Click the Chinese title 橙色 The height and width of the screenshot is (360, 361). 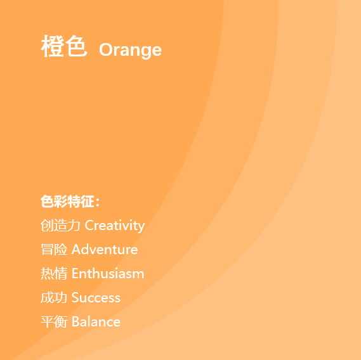point(64,46)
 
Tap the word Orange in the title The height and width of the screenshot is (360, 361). point(130,50)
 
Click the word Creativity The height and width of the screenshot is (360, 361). point(115,226)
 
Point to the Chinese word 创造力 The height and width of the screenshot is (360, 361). point(60,225)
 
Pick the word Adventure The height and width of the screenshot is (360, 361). point(105,249)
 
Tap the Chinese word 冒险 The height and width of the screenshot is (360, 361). point(54,249)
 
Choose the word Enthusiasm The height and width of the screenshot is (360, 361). point(108,274)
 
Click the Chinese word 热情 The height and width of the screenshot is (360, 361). point(54,274)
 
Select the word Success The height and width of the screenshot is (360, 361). point(96,298)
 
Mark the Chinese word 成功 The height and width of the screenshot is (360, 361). point(54,298)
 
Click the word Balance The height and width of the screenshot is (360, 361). point(96,321)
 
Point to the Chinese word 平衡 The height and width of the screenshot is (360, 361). point(54,322)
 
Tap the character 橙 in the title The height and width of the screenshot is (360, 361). point(52,46)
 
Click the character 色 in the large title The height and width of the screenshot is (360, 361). point(76,46)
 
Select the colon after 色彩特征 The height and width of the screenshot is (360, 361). point(98,202)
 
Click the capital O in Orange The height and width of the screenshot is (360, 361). point(105,49)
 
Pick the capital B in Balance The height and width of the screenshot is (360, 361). point(75,321)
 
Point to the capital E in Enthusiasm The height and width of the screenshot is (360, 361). point(75,274)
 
